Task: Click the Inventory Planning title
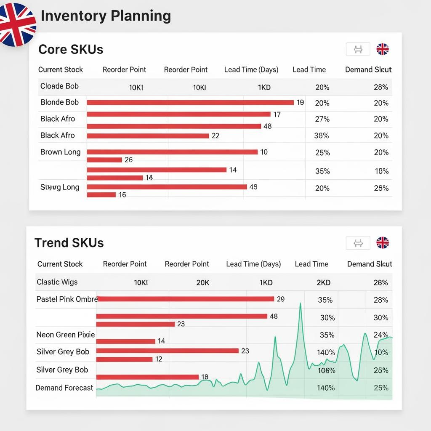[106, 16]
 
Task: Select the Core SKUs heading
[71, 49]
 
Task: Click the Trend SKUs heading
[69, 243]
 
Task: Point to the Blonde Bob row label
[59, 102]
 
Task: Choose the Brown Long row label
[60, 152]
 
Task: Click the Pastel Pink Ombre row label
[67, 299]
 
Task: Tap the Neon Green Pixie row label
[66, 335]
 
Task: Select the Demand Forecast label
[64, 388]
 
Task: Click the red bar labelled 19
[190, 102]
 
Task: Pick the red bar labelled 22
[148, 136]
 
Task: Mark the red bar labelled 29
[185, 299]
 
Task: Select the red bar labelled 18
[147, 377]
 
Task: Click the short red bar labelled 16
[101, 194]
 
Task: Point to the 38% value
[322, 136]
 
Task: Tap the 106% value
[327, 370]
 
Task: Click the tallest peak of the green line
[300, 303]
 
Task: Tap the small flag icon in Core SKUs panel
[382, 49]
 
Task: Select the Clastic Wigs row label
[57, 282]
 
